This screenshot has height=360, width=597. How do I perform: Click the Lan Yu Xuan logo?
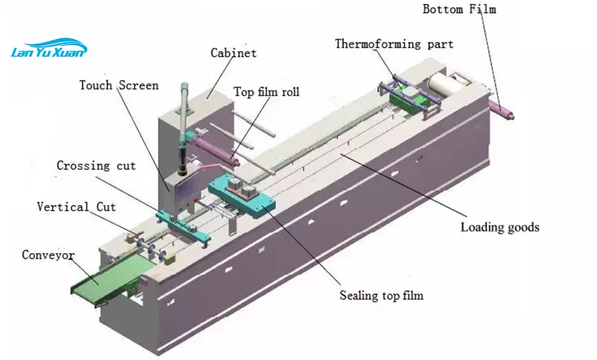pyautogui.click(x=49, y=48)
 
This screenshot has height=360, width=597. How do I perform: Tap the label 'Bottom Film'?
pyautogui.click(x=459, y=9)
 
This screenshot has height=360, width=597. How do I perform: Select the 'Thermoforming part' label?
pyautogui.click(x=394, y=44)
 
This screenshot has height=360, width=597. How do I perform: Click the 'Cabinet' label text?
pyautogui.click(x=233, y=53)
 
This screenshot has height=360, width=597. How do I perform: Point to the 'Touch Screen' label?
pyautogui.click(x=119, y=85)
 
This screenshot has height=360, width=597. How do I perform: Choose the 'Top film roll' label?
pyautogui.click(x=266, y=92)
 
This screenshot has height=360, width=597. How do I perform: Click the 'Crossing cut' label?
pyautogui.click(x=96, y=165)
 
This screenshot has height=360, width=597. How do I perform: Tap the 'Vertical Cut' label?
pyautogui.click(x=76, y=207)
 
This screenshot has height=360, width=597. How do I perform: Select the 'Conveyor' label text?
pyautogui.click(x=48, y=255)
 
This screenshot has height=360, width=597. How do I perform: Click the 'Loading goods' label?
pyautogui.click(x=500, y=227)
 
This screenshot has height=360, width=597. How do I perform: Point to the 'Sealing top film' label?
pyautogui.click(x=381, y=296)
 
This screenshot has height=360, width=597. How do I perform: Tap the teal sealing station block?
pyautogui.click(x=242, y=195)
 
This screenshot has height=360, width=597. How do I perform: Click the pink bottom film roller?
pyautogui.click(x=501, y=109)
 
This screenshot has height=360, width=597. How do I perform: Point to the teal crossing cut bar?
pyautogui.click(x=183, y=226)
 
